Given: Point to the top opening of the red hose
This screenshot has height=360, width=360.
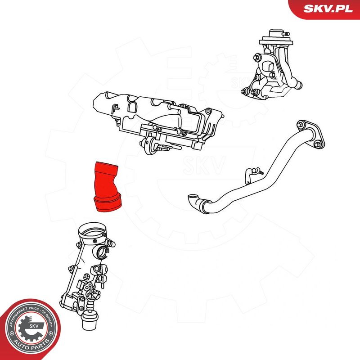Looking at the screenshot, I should [105, 164].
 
